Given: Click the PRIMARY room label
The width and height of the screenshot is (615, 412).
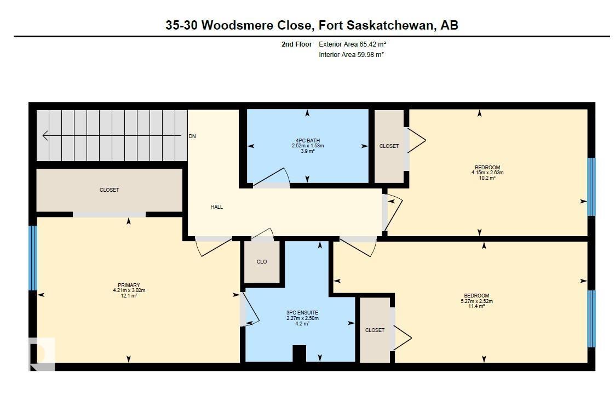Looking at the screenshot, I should point(129,285).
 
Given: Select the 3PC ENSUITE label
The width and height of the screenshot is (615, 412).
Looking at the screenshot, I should point(302,312).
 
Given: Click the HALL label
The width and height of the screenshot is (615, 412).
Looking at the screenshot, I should point(217,207).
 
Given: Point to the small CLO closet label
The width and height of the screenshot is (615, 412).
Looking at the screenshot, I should point(262,262).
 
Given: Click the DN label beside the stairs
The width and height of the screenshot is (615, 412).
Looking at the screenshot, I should point(192,136).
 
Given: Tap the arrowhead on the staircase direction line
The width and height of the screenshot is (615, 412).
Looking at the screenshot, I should point(45,136).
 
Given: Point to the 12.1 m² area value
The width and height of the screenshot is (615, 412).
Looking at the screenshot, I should point(129,296).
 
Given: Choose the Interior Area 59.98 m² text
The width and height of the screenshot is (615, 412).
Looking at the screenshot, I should point(351,55).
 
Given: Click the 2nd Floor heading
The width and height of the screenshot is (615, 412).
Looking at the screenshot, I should point(296,44).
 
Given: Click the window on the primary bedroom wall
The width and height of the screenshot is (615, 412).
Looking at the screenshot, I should point(33,257).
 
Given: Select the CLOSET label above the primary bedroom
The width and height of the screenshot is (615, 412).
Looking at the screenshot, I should point(109,190).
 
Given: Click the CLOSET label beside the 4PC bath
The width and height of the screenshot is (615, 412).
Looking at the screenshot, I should point(389,146).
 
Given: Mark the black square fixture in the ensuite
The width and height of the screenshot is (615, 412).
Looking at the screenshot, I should point(299,353).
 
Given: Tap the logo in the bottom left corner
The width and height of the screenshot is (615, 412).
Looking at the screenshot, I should point(42,353).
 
